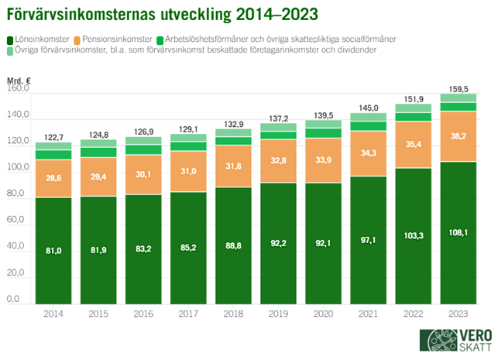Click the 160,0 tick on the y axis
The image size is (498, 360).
pos(18,89)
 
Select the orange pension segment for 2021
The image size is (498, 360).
pos(369,153)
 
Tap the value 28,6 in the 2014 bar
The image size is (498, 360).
pos(53,178)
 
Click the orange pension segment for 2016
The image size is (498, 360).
pos(143,174)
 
